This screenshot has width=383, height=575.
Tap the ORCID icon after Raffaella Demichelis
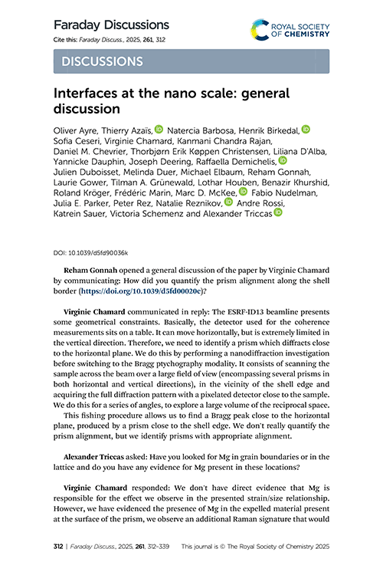pos(281,162)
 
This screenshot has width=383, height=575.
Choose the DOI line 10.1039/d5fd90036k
pos(90,251)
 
